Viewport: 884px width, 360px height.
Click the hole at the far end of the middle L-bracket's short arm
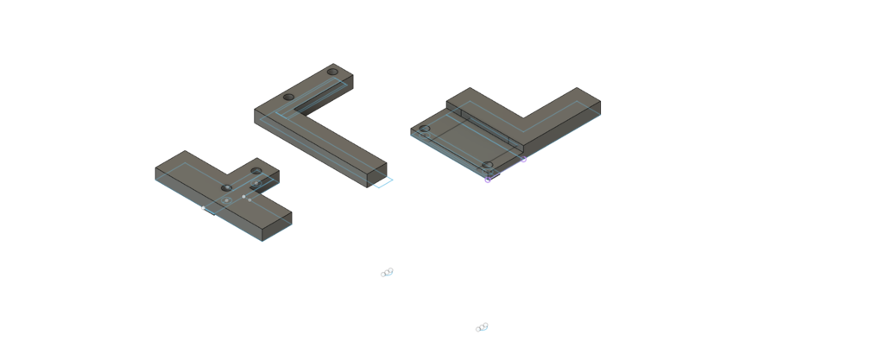(x=333, y=71)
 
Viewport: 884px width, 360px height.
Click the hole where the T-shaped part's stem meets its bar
(x=227, y=187)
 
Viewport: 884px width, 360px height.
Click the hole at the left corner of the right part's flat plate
(x=424, y=129)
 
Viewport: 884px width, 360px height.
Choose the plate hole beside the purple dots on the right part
(x=487, y=164)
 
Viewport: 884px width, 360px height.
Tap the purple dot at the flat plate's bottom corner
(x=488, y=180)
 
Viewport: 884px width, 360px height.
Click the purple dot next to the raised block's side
(x=523, y=160)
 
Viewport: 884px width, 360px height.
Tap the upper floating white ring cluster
(x=387, y=273)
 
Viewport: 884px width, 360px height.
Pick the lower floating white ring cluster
(x=482, y=326)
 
